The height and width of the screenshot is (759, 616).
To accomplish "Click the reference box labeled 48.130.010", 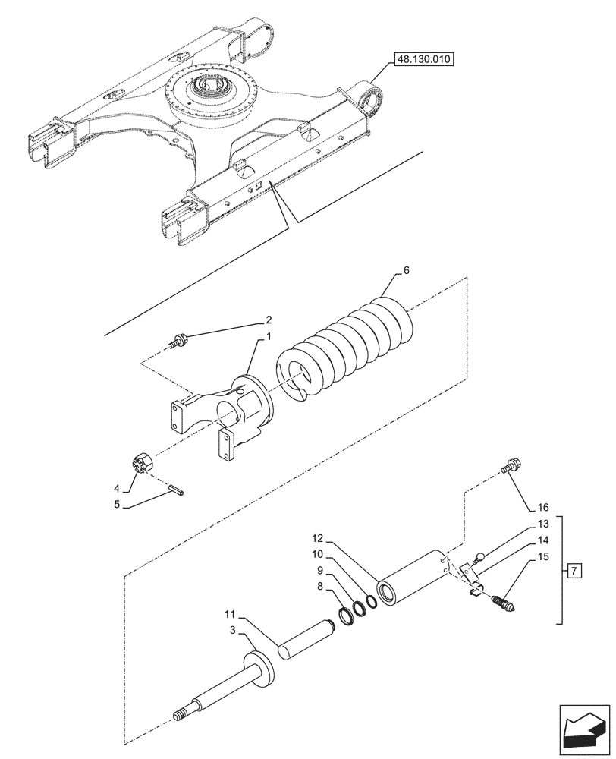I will point(422,58).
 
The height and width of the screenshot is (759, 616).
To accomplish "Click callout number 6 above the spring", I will point(406,272).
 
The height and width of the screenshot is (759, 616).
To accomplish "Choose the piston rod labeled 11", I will point(307,641).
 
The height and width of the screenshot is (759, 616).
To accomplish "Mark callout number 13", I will point(542,525).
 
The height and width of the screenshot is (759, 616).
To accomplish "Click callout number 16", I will point(542,507).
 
